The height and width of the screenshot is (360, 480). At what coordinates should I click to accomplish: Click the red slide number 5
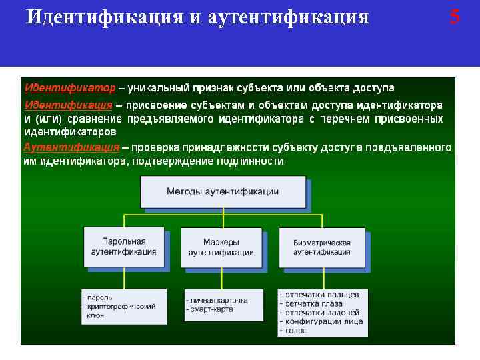coord(454,16)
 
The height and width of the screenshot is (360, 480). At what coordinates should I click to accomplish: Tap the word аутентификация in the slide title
coord(288,17)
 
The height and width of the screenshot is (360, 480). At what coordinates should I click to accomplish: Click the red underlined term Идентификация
coord(68,105)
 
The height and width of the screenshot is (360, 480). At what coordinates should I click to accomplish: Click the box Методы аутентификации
coord(223,191)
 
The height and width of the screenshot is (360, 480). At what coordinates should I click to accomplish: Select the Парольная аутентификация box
coord(124,247)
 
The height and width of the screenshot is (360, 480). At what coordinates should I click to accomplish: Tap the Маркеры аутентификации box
coord(221,247)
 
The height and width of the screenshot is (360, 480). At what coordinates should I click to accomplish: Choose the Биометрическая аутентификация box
coord(321,247)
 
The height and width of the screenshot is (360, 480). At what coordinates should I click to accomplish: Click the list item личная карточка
coord(219,301)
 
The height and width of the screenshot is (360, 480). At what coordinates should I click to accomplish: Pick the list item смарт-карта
coord(212,310)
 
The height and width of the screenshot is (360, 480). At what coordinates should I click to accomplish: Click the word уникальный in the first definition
coord(157,88)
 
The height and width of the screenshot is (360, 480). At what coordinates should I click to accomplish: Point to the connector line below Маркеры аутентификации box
coord(221,279)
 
